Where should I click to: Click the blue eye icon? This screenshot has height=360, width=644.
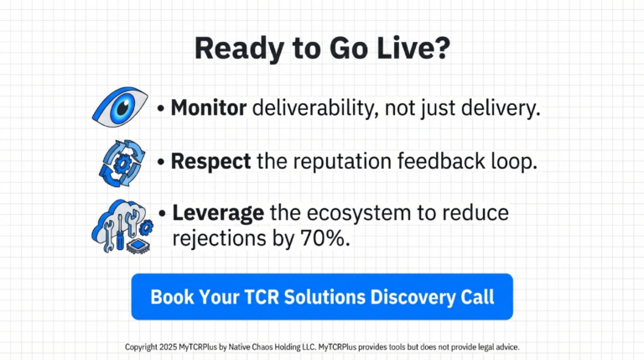coord(120,108)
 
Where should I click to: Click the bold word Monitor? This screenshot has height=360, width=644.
coord(208,108)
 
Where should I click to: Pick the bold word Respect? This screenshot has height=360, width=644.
coord(210,162)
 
